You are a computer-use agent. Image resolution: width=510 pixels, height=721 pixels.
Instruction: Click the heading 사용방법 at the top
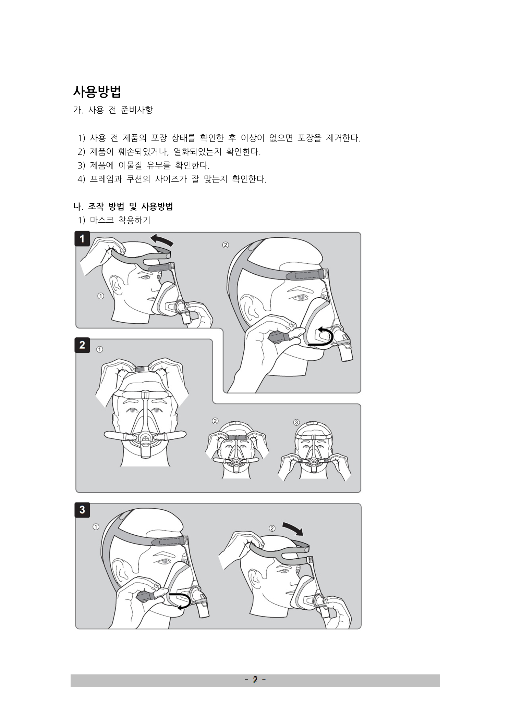(x=97, y=91)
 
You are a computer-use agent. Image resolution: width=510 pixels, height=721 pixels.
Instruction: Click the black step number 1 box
(x=82, y=239)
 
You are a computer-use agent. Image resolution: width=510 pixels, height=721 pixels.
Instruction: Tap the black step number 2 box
(x=82, y=345)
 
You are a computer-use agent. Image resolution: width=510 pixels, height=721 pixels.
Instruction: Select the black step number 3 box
(x=82, y=510)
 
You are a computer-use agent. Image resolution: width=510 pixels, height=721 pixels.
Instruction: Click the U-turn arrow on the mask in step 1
(x=322, y=337)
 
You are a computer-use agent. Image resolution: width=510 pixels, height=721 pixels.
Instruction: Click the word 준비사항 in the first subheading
(x=137, y=110)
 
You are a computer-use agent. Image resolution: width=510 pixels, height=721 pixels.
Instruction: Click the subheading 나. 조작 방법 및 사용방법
(x=123, y=207)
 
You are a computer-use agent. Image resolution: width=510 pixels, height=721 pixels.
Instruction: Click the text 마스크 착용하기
(x=120, y=220)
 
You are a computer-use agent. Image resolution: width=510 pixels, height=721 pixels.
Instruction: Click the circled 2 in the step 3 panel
(x=272, y=528)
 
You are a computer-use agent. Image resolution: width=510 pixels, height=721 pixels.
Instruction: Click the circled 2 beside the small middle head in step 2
(x=215, y=421)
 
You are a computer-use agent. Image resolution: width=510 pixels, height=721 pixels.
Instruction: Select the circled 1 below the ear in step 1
(x=100, y=296)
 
